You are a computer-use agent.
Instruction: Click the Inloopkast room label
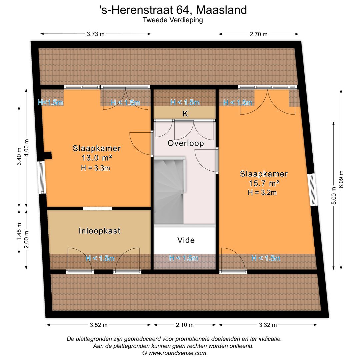click(x=99, y=231)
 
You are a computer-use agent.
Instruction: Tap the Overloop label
click(x=186, y=143)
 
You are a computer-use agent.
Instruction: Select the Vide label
click(x=186, y=240)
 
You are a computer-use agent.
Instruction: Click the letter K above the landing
click(x=185, y=114)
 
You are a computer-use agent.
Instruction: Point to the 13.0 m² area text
click(x=97, y=158)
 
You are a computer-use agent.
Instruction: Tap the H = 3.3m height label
click(x=95, y=168)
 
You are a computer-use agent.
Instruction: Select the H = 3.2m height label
click(x=262, y=192)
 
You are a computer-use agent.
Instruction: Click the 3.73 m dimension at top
click(x=96, y=34)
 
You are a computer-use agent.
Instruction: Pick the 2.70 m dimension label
click(x=259, y=34)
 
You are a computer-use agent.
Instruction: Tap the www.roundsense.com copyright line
click(x=174, y=353)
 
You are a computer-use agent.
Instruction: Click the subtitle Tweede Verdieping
click(x=173, y=20)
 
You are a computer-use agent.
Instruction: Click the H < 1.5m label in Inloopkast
click(x=100, y=258)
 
